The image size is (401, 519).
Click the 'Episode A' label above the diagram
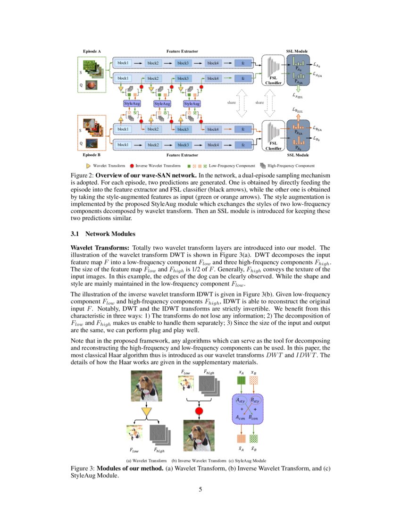tap(92, 50)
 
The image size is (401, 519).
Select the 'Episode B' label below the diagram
tap(92, 155)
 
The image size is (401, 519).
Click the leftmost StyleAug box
tap(132, 103)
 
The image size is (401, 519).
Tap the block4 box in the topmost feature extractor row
tap(213, 63)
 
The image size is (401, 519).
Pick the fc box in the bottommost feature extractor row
tap(243, 145)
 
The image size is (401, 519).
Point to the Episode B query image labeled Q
tap(92, 142)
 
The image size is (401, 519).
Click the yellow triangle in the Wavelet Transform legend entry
tap(88, 166)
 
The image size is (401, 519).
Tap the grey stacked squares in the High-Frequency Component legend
tap(263, 166)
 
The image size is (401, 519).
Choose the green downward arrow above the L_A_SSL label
tap(298, 89)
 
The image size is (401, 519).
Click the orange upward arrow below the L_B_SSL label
tap(298, 117)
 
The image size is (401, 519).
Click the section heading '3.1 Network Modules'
tap(102, 234)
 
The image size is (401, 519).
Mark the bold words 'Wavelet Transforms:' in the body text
tap(100, 248)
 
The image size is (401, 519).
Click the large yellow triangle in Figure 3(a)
tap(147, 413)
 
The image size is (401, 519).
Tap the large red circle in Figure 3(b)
tap(199, 411)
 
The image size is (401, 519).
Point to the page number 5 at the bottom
tap(200, 489)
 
